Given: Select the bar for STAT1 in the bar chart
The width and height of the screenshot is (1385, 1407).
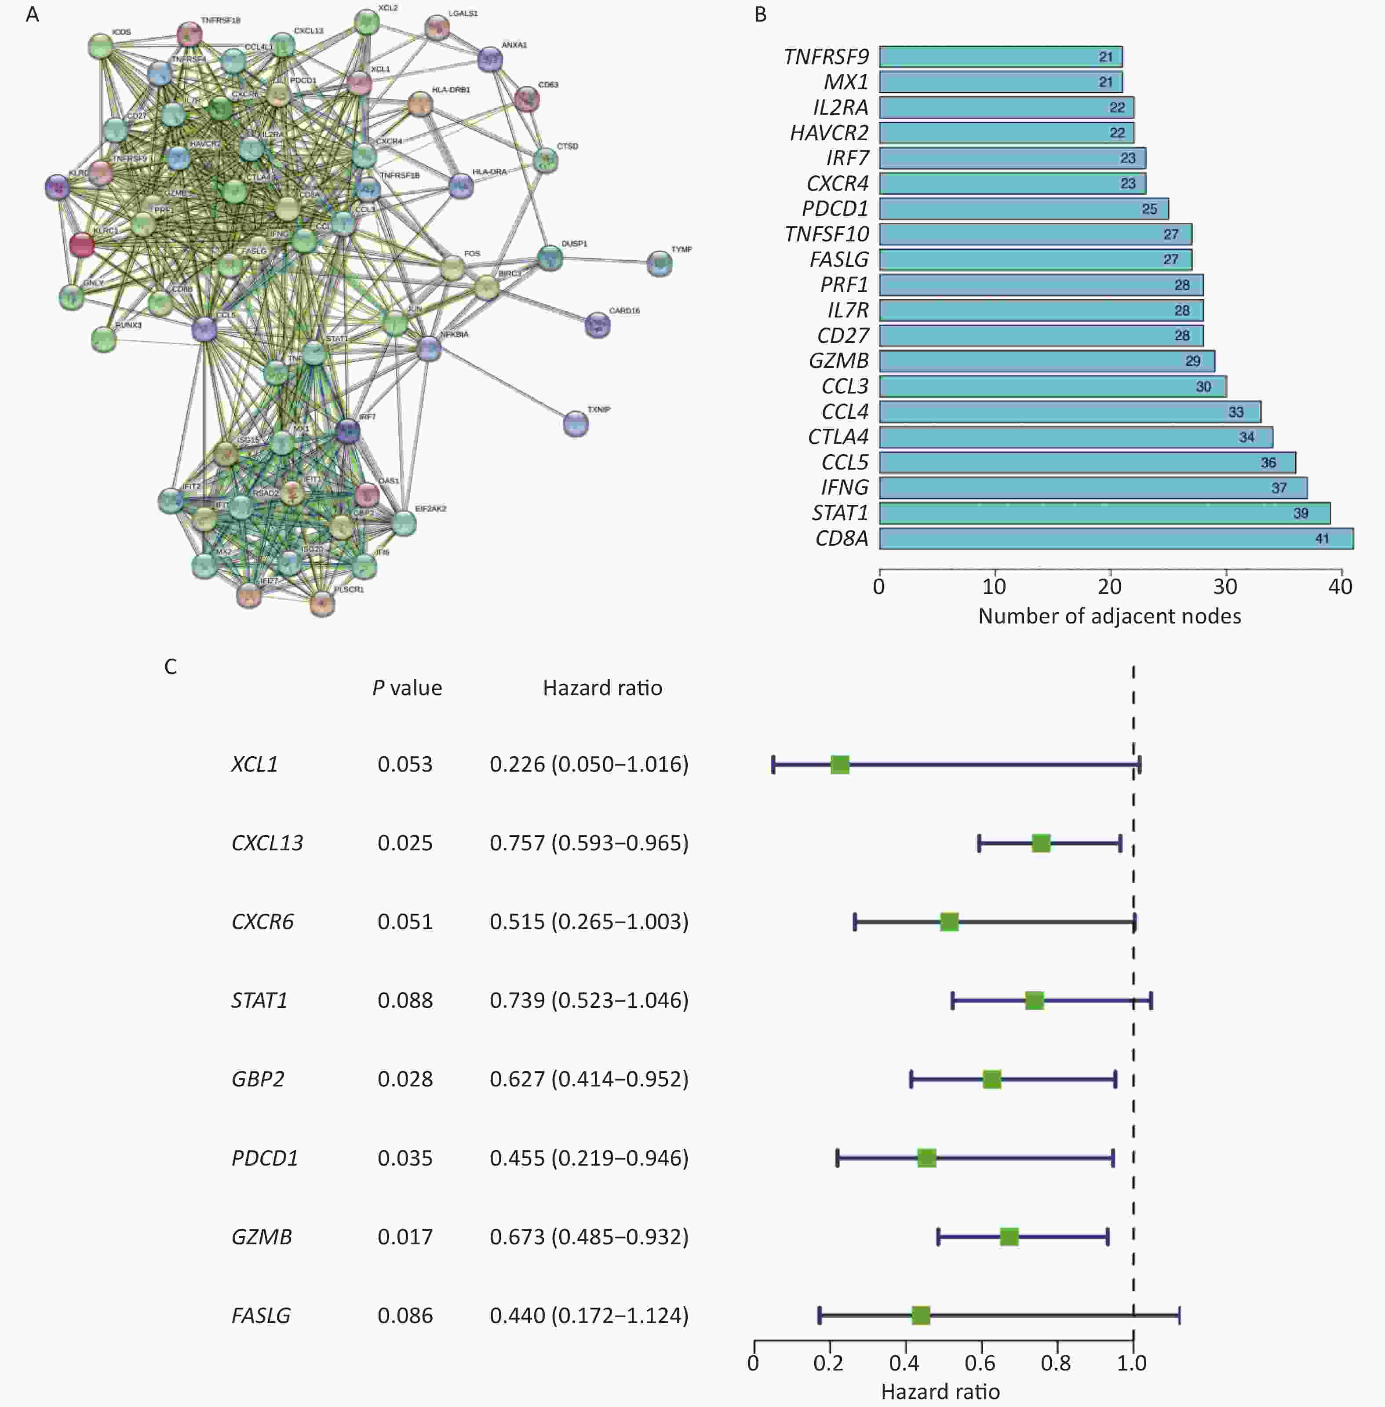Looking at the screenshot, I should point(1104,513).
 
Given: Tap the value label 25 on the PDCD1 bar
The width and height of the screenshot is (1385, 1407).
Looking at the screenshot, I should point(1148,209).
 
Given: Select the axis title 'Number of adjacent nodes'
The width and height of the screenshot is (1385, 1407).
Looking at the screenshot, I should point(1109,616).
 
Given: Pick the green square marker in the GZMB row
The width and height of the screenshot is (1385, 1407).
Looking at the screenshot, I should point(1009,1237).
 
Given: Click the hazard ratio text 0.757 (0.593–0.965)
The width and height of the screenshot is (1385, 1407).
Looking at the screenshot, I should point(588,843).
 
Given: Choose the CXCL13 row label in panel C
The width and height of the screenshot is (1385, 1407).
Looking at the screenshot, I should point(267,843).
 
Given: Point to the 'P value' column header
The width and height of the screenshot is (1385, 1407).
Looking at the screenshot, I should point(407,688).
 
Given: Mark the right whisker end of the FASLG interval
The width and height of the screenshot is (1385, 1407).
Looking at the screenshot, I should point(1179,1316).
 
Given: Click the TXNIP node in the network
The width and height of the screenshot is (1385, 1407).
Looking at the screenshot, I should point(576,423).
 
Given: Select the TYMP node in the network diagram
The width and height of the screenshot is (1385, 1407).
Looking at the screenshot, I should point(659,263).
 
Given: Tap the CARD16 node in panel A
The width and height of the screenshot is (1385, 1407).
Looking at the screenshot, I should point(597,324).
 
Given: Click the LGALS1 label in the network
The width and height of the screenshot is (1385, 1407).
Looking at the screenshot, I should point(463,14).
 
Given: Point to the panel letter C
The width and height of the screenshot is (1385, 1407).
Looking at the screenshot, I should point(170,667).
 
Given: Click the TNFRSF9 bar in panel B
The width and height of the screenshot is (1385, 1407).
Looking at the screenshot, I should point(1000,57).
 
